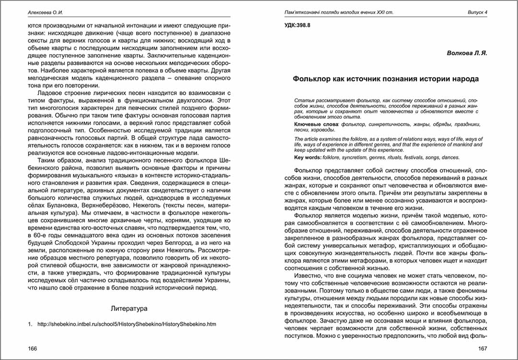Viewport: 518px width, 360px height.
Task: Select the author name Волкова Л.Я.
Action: (467, 53)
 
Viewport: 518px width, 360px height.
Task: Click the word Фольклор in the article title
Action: (315, 79)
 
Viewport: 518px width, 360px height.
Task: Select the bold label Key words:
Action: (307, 157)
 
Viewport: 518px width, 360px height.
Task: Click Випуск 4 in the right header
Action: (477, 12)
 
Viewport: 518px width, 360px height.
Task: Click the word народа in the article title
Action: (463, 79)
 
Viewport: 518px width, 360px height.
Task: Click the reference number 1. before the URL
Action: (30, 324)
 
